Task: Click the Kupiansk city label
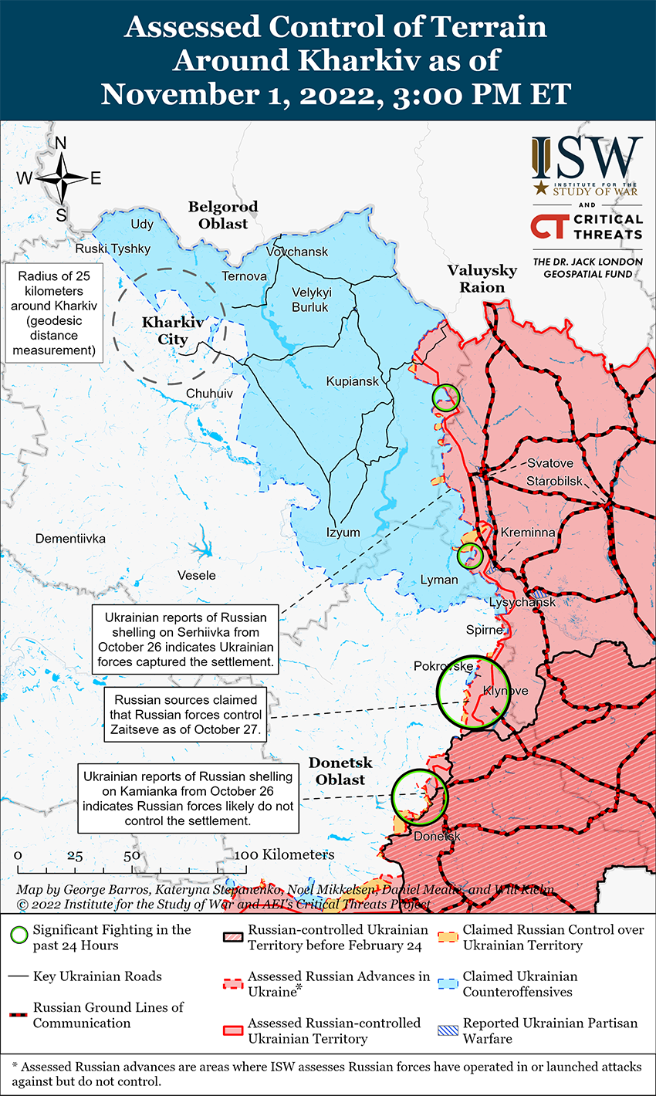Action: [353, 381]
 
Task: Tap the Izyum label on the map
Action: [343, 533]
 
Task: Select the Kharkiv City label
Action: [172, 331]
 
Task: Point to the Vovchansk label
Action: [297, 252]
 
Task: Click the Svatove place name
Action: [550, 463]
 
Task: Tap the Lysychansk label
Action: [522, 602]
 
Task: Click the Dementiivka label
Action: [70, 539]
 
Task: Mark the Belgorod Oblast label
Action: [223, 215]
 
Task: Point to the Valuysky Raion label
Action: [482, 279]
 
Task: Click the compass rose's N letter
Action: [61, 144]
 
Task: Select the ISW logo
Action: [587, 165]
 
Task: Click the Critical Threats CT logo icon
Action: [549, 226]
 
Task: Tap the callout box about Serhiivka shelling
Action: [186, 640]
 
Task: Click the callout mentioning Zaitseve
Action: [186, 715]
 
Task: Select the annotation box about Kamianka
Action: [188, 798]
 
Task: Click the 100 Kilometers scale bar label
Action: [286, 854]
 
